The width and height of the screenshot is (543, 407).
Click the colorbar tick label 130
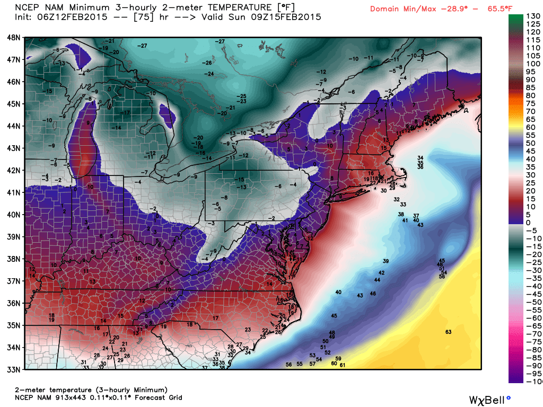pos(531,16)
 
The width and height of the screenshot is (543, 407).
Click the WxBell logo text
pos(486,399)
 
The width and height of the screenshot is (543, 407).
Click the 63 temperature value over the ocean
pos(448,332)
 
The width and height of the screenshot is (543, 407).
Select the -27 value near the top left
pos(142,46)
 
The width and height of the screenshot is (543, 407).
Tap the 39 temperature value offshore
pos(386,261)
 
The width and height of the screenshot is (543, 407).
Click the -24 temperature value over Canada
pos(210,73)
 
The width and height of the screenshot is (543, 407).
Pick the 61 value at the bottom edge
pos(343,365)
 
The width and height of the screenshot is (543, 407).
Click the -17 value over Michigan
pos(126,113)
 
